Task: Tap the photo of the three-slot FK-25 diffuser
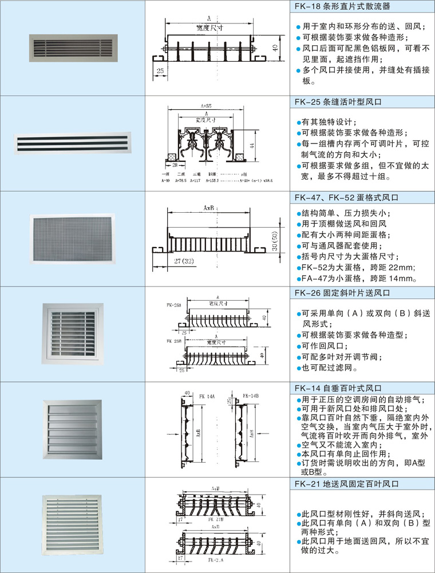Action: tap(72, 144)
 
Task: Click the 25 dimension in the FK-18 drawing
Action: tap(160, 70)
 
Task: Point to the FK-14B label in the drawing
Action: tap(250, 395)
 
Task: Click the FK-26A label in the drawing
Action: tap(173, 305)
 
